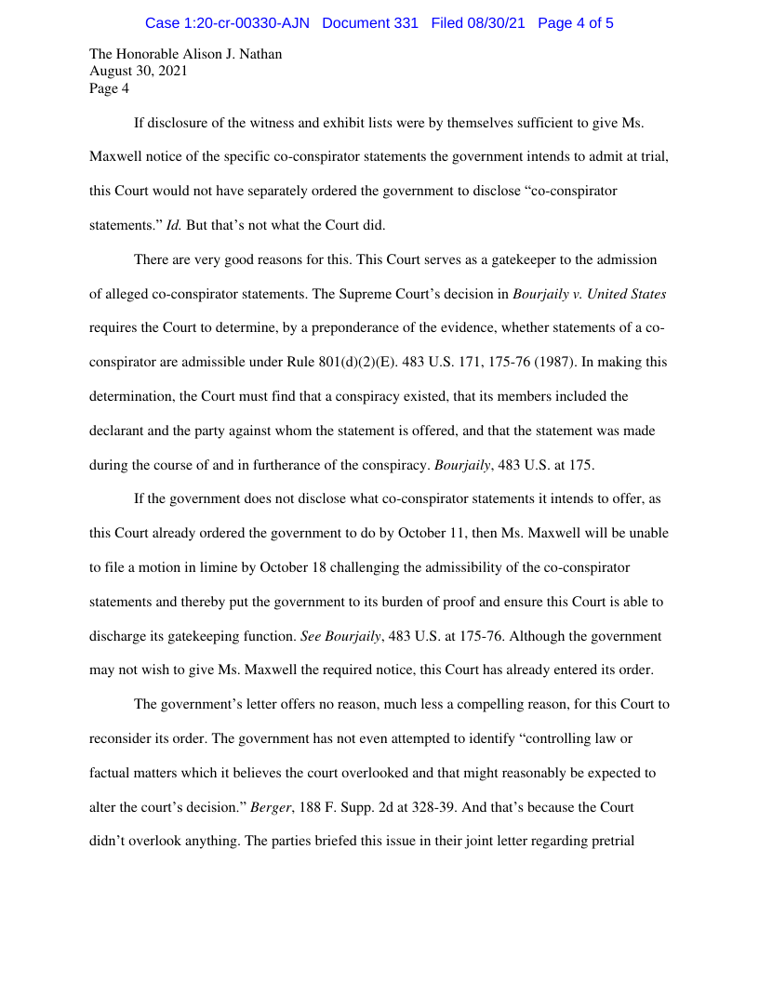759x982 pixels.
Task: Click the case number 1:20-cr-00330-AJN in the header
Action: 227,22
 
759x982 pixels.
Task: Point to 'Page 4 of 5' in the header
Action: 576,22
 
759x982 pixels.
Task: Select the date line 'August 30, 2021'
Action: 139,72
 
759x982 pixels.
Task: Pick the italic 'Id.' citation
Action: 173,225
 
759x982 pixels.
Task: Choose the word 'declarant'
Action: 119,431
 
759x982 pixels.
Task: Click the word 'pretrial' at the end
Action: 610,842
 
